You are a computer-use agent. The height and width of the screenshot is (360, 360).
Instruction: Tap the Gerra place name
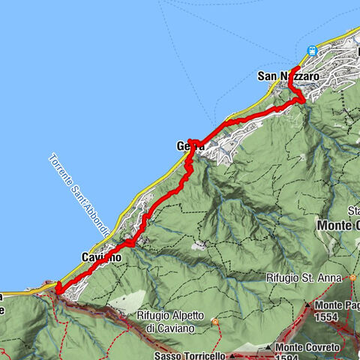click(190, 145)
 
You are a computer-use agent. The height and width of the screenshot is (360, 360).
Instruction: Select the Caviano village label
click(100, 257)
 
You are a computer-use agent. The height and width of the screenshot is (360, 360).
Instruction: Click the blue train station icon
click(312, 51)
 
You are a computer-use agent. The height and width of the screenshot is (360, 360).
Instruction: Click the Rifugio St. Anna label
click(301, 277)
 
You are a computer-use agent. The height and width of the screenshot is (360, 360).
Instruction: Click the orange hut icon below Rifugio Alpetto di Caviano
click(215, 322)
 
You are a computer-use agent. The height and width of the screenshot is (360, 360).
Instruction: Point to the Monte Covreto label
click(308, 348)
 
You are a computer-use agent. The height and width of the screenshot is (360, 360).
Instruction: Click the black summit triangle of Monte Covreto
click(268, 349)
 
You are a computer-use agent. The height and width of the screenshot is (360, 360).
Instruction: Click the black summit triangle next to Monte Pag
click(307, 305)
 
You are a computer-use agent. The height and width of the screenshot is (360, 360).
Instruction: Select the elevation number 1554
click(328, 318)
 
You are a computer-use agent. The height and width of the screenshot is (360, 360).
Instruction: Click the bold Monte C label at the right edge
click(338, 225)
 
